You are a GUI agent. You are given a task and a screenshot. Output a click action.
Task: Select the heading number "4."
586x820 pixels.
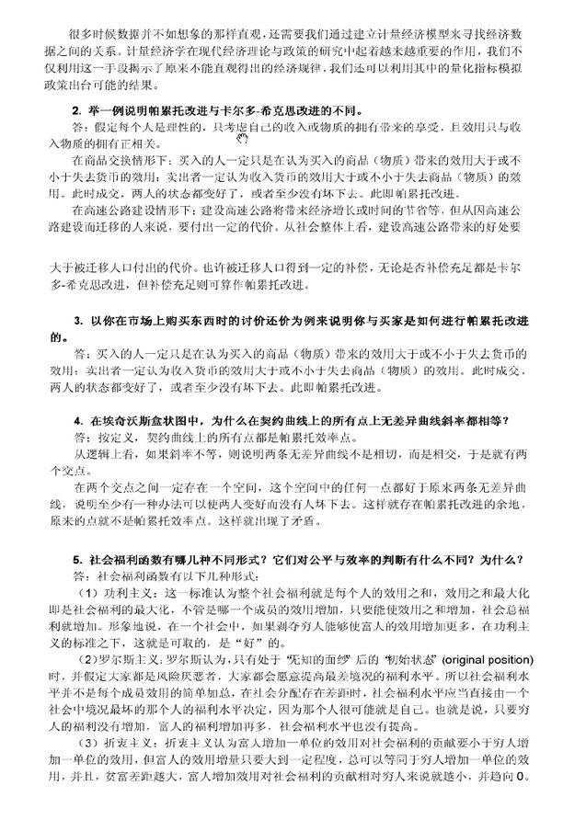[78, 419]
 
